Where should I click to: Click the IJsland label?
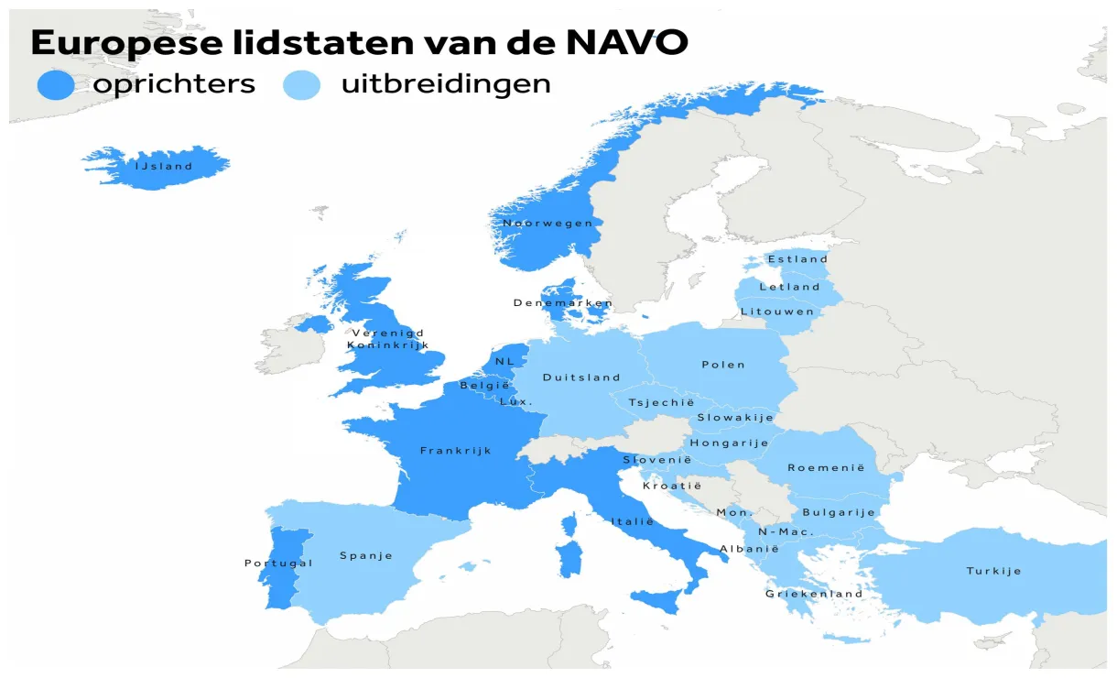(x=164, y=167)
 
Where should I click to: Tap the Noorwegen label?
(x=548, y=223)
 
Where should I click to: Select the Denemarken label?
(x=562, y=302)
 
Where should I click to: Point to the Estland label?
(x=797, y=259)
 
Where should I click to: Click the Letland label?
(x=789, y=287)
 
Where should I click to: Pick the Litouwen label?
(x=777, y=312)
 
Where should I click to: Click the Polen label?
(x=723, y=365)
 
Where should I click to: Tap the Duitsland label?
(x=581, y=377)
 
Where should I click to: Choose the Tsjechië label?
(x=661, y=402)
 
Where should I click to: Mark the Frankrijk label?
(x=456, y=450)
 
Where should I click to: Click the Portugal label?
(x=278, y=563)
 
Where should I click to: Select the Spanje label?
(x=366, y=555)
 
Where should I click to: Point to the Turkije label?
(x=993, y=571)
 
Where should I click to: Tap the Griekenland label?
(x=814, y=594)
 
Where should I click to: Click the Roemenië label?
(x=826, y=467)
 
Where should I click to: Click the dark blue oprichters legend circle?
(x=55, y=85)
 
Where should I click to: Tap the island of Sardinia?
(x=569, y=558)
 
